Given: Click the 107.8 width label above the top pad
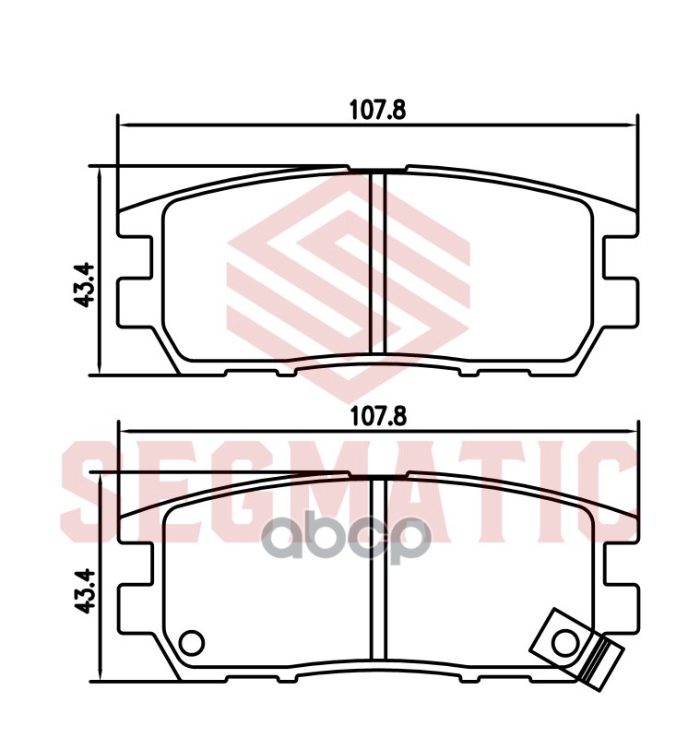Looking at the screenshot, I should tap(377, 110).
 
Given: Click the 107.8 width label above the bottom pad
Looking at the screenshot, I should tap(377, 416).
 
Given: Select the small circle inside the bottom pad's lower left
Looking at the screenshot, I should tap(192, 641).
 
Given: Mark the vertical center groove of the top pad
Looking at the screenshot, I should tap(376, 263).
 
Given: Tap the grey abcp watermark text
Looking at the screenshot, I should tap(350, 541).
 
